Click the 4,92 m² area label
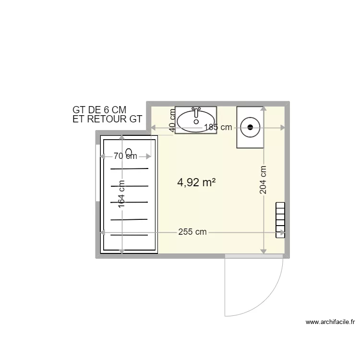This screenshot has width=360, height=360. click(196, 182)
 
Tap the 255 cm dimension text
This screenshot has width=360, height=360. click(192, 232)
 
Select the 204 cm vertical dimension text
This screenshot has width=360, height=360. click(263, 180)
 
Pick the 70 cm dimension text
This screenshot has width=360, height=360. click(125, 156)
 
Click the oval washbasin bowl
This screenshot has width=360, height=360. click(196, 122)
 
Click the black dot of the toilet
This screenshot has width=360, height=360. click(250, 127)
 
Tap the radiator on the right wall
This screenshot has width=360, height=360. click(280, 220)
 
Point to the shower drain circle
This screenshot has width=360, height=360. click(129, 152)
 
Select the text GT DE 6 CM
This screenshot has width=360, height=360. click(99, 110)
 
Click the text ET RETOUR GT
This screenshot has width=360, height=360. click(107, 120)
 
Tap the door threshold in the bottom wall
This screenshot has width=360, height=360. click(253, 256)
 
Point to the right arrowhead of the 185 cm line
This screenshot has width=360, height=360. click(283, 127)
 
